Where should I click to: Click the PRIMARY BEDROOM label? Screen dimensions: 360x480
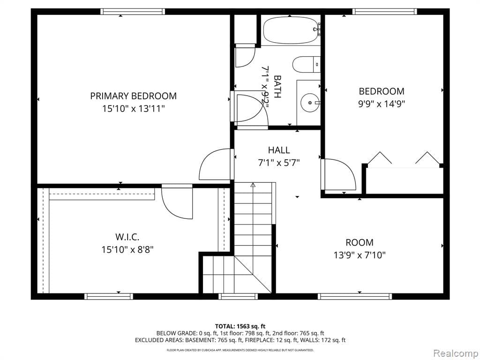(133, 96)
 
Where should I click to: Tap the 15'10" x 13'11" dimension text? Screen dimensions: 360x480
(133, 109)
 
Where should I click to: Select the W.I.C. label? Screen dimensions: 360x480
(127, 237)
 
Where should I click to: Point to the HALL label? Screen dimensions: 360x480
(278, 150)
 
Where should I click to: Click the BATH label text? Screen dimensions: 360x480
(277, 87)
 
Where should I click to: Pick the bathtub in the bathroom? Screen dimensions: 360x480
(291, 30)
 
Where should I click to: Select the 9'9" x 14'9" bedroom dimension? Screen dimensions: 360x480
(381, 104)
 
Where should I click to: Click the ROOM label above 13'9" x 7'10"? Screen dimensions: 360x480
(360, 242)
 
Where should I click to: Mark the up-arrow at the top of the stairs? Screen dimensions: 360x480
(253, 185)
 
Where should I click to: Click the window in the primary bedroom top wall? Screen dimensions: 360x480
(133, 12)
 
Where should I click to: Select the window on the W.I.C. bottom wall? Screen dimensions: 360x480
(109, 296)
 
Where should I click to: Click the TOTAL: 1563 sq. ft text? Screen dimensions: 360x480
(240, 326)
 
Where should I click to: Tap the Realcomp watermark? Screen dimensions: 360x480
(454, 352)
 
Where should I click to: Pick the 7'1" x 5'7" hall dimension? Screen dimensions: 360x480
(278, 163)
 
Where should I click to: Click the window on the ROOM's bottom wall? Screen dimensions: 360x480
(354, 296)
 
